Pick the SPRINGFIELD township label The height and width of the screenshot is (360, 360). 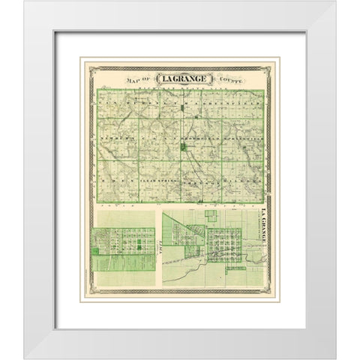click(x=244, y=139)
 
